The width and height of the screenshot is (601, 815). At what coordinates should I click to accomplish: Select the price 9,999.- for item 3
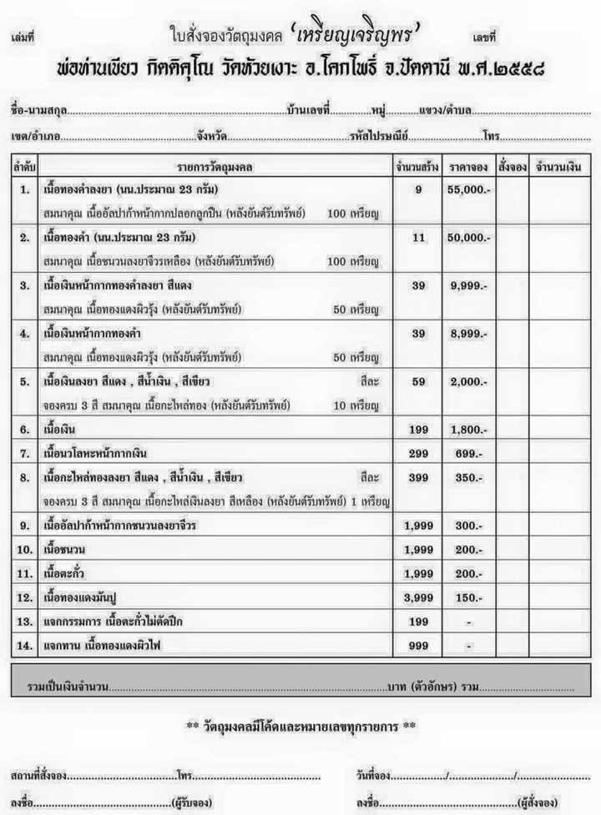467,285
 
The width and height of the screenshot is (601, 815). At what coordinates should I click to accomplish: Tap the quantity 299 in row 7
418,453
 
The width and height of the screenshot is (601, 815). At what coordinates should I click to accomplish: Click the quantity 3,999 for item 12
418,598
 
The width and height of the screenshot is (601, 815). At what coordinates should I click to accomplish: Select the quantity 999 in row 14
418,646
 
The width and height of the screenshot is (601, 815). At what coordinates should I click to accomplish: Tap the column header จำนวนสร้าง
418,167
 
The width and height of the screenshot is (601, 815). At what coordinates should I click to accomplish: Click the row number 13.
25,622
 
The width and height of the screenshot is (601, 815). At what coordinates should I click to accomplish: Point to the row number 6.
25,430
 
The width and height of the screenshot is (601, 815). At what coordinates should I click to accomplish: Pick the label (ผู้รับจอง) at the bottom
191,802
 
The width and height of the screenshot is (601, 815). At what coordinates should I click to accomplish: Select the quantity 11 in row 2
418,238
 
